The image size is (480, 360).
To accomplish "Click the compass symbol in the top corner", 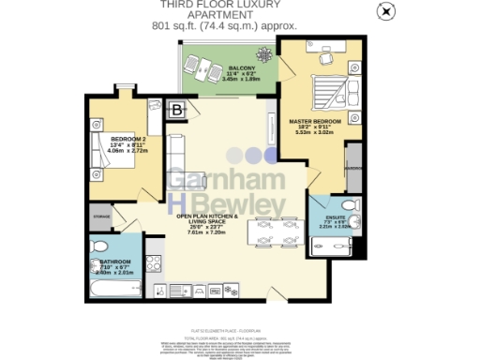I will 383,11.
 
